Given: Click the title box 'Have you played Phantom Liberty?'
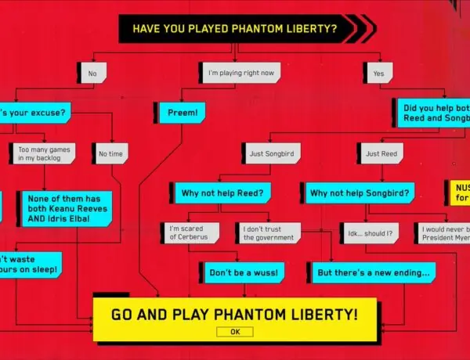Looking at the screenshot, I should point(235,29).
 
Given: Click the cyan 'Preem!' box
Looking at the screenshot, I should point(181,112).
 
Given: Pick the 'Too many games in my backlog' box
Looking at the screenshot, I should point(44,153).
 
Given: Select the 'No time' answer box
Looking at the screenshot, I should point(111,153).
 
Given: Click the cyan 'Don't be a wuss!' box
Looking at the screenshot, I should point(242,273).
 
